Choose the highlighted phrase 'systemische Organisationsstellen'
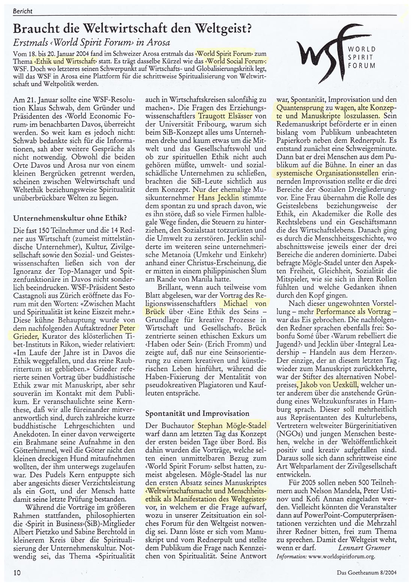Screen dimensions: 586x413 325,174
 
